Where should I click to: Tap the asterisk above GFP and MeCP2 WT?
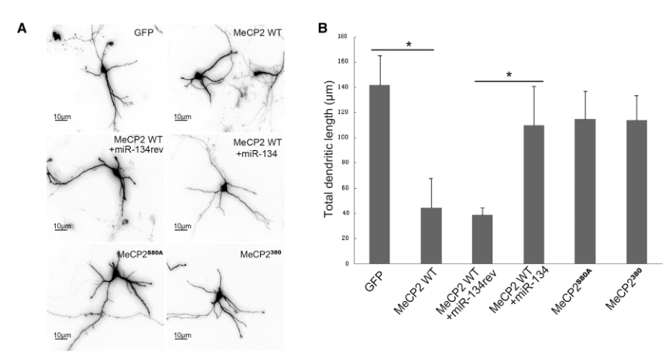(x=408, y=46)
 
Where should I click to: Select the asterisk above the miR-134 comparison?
(x=508, y=76)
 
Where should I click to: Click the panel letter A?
(x=23, y=29)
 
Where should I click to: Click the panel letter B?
(x=324, y=29)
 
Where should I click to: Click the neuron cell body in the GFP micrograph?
(x=103, y=69)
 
